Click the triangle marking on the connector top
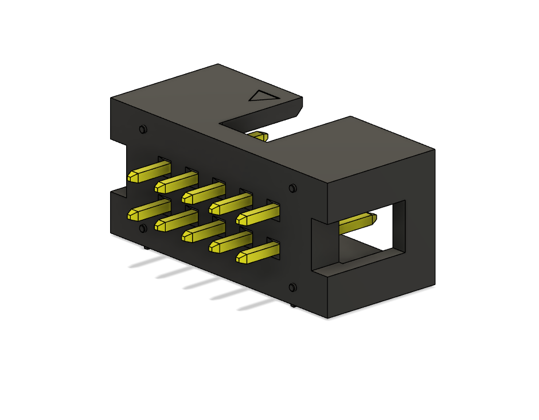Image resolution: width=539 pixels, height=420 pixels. coord(264,96)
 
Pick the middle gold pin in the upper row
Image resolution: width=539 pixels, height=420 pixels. coord(204,193)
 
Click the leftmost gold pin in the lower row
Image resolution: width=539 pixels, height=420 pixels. coord(148,210)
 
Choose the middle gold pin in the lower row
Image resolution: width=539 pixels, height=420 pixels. coord(203,231)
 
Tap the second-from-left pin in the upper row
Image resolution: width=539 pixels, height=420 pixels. coord(176,182)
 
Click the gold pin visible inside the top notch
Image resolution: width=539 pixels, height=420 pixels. coord(259,137)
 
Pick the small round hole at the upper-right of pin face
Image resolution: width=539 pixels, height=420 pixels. coord(293,188)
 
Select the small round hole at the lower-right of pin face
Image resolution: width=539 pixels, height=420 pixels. coord(293,287)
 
